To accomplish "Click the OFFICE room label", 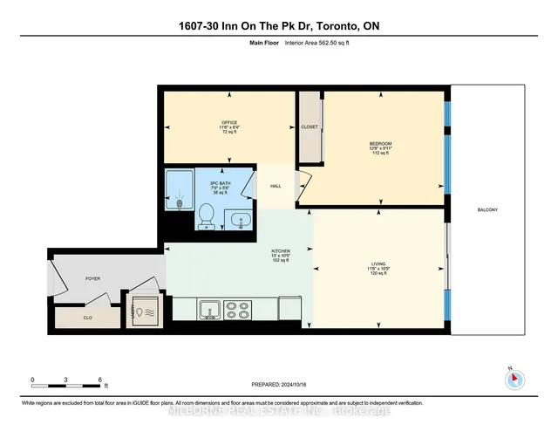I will pyautogui.click(x=229, y=123).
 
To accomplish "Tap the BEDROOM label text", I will pyautogui.click(x=380, y=143).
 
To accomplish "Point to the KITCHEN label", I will pyautogui.click(x=280, y=250).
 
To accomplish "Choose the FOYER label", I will pyautogui.click(x=92, y=279).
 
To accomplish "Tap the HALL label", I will pyautogui.click(x=276, y=186).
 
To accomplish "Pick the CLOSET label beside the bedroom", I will pyautogui.click(x=310, y=127).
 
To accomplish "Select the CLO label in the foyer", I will pyautogui.click(x=87, y=318).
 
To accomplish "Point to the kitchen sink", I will pyautogui.click(x=209, y=309).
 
